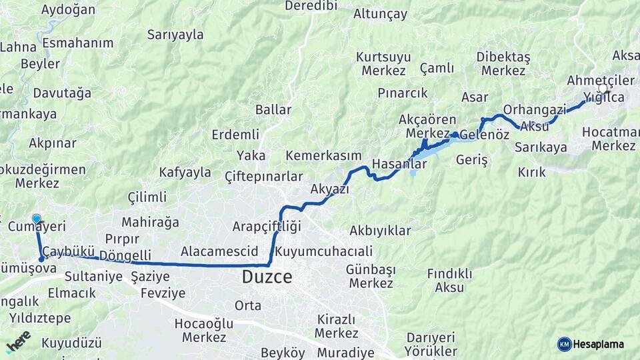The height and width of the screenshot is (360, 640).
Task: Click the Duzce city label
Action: tap(267, 277)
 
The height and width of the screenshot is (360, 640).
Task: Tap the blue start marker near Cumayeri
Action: tap(36, 219)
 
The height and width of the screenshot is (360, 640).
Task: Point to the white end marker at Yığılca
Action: tap(603, 89)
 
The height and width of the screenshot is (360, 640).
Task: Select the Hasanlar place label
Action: tap(399, 163)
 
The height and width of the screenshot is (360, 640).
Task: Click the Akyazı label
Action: tap(329, 189)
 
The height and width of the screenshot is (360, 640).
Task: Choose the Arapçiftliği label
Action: tap(267, 226)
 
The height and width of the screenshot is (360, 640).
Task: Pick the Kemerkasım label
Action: tap(323, 155)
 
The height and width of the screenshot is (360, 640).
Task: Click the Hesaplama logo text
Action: tap(599, 344)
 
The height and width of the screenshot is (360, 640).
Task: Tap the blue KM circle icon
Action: tap(564, 344)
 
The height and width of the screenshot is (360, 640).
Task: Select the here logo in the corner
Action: tap(18, 341)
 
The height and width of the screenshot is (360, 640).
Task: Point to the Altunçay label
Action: tap(380, 14)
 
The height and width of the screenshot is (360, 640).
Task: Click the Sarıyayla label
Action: tap(175, 35)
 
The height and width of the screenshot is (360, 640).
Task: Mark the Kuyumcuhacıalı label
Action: tap(323, 251)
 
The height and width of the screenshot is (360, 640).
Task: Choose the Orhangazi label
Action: tap(535, 109)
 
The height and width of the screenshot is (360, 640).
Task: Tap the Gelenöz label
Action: tap(484, 135)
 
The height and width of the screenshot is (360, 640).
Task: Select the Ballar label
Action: tap(273, 109)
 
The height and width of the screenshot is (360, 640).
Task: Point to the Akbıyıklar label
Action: tap(380, 231)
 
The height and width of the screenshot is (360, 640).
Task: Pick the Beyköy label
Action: tap(283, 353)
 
